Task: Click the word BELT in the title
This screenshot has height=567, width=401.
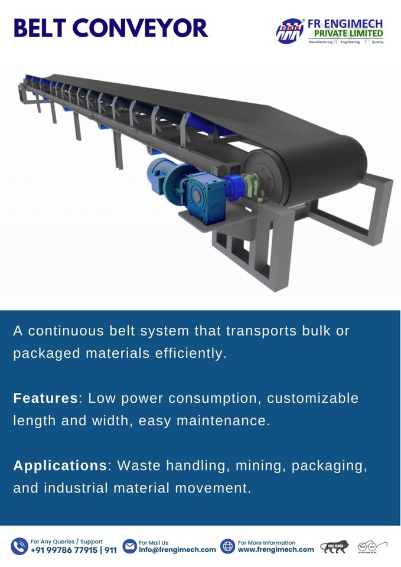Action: [41, 28]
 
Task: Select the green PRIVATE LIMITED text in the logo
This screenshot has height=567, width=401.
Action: [348, 34]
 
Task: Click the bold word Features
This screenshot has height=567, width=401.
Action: [45, 398]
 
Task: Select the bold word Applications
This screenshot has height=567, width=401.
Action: [60, 465]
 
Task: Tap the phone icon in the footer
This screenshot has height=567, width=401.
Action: [19, 546]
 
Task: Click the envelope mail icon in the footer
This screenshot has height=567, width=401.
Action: [129, 546]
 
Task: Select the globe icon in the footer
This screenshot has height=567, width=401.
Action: [227, 546]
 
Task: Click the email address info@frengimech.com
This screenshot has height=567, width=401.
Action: [177, 550]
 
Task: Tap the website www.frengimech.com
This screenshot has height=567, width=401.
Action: [276, 550]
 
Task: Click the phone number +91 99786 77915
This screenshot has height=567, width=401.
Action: [65, 550]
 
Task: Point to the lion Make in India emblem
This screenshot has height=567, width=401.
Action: [334, 546]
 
